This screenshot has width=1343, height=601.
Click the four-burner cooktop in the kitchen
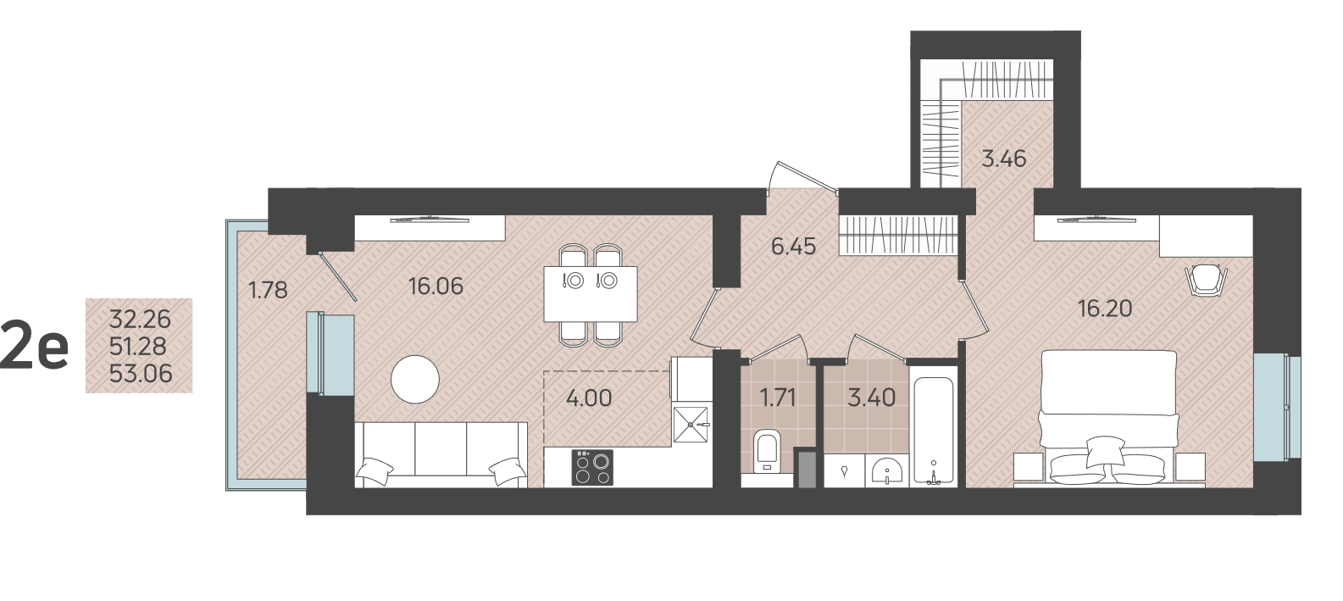coord(592,467)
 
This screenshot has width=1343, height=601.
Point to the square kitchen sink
coord(691,425)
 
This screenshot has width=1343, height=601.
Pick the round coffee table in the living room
coord(415,379)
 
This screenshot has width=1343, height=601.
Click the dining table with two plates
coord(591,294)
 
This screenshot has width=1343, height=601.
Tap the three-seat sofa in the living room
coord(441,454)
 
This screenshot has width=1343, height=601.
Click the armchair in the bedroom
coord(1207,280)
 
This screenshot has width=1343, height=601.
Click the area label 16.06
coord(436,287)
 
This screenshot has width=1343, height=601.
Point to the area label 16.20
coord(1105,309)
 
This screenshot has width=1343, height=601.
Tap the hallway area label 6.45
coord(794,247)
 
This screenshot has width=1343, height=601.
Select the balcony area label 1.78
coord(268,291)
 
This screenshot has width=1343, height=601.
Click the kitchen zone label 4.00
coord(589,398)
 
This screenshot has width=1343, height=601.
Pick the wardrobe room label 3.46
coord(1004,159)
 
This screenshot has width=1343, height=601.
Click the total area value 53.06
coord(141,375)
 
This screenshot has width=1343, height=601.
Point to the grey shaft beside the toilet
coord(805,467)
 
